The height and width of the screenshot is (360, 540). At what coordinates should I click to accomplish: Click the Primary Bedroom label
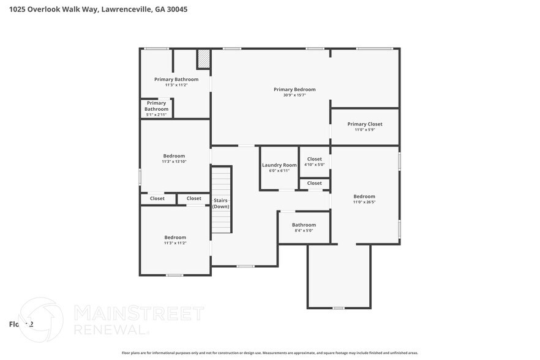click(x=294, y=89)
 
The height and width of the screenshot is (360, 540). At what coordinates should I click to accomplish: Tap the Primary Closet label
click(x=364, y=124)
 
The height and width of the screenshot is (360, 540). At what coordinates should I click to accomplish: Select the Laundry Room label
click(x=279, y=165)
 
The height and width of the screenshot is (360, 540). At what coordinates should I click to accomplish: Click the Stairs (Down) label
click(x=221, y=204)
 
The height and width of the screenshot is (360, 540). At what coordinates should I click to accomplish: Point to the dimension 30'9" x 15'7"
click(x=294, y=95)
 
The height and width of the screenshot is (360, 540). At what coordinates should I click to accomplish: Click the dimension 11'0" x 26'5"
click(x=364, y=202)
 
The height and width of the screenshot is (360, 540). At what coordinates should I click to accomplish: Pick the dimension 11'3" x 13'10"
click(x=174, y=162)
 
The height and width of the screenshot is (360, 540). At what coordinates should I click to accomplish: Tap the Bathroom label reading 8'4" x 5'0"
click(x=304, y=225)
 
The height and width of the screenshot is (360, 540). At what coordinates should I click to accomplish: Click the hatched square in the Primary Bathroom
click(x=203, y=59)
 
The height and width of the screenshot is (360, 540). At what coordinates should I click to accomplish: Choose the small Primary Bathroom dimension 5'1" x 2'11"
click(x=157, y=114)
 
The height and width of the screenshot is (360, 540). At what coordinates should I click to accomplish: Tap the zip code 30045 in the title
click(x=176, y=10)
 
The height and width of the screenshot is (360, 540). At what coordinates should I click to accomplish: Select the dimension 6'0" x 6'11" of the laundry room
click(x=279, y=171)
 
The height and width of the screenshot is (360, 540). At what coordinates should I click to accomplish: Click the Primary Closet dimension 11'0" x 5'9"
click(x=364, y=130)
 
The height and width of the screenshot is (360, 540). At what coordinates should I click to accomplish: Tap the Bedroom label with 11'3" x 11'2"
click(x=175, y=238)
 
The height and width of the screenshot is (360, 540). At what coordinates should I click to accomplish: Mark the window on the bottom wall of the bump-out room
click(x=339, y=308)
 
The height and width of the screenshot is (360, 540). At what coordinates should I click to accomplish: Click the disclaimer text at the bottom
click(x=270, y=353)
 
